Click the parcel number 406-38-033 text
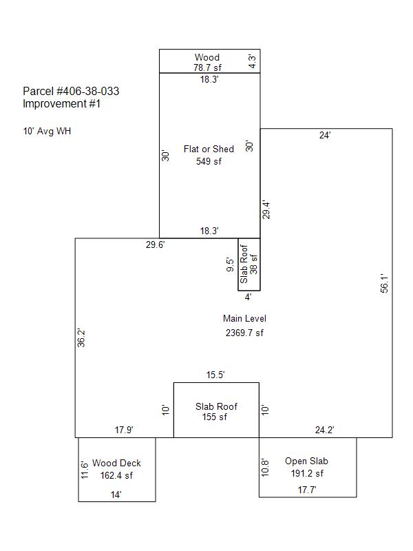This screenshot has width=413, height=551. pos(71,92)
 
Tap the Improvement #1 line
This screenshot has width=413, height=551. pos(61,104)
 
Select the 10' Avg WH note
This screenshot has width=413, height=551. pos(47,131)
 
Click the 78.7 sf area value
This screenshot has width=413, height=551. pos(208,67)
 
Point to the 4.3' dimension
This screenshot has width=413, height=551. pos(253,61)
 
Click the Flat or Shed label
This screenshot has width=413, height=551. pos(209,149)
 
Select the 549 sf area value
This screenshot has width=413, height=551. pos(209,161)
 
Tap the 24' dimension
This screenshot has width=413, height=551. pos(325,135)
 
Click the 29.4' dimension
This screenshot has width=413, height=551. pos(266,210)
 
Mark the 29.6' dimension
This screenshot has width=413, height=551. pos(156,245)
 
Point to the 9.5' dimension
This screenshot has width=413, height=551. pos(230,265)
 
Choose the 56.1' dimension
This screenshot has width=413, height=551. pos(385,283)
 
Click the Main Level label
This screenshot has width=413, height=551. pos(245,319)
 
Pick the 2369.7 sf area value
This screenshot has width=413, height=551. pos(244,333)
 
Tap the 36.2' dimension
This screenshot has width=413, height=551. pos(81,338)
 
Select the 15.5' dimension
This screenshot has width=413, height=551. pos(215,375)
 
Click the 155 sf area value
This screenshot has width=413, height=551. pos(215,417)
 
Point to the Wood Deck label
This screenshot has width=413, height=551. pos(116,463)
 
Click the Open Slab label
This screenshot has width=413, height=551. pos(306,461)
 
